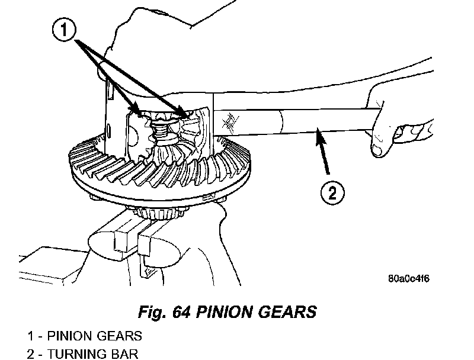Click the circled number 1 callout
pyautogui.click(x=64, y=30)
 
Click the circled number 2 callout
pyautogui.click(x=332, y=192)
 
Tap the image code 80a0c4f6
pyautogui.click(x=408, y=278)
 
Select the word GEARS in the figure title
pyautogui.click(x=287, y=312)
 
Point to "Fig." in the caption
pyautogui.click(x=152, y=312)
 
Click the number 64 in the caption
pyautogui.click(x=181, y=312)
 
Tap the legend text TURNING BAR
pyautogui.click(x=92, y=354)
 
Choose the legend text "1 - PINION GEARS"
pyautogui.click(x=85, y=336)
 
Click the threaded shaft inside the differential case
pyautogui.click(x=159, y=130)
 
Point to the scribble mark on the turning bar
pyautogui.click(x=230, y=123)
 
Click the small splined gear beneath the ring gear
pyautogui.click(x=159, y=213)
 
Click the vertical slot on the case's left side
pyautogui.click(x=111, y=91)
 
